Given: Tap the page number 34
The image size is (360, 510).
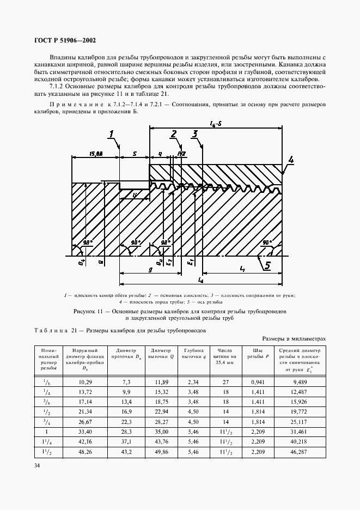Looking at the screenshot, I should pos(37,465).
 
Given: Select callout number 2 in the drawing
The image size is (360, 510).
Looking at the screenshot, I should pos(173,134).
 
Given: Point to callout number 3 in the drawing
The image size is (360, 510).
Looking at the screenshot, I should pos(194,134).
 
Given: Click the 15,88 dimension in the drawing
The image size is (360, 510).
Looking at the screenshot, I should pos(96,154).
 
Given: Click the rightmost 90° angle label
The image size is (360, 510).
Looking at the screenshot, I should pos(267,242).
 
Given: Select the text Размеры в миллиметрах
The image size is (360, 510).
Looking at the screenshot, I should pos(297,338).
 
